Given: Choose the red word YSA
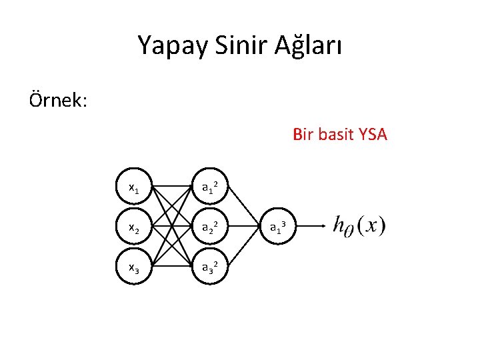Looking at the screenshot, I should (x=372, y=135).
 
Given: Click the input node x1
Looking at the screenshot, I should (x=133, y=188).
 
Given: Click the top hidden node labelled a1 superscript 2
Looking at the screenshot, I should (x=211, y=188).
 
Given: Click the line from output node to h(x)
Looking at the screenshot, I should (x=312, y=227).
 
